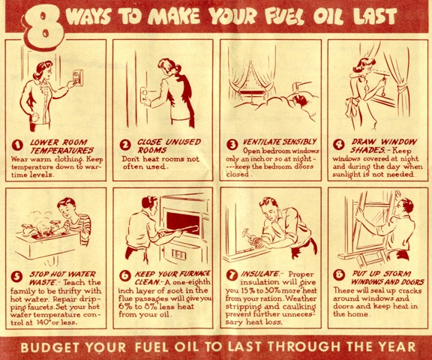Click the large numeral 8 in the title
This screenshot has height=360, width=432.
click(x=45, y=27)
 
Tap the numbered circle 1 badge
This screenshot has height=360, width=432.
click(x=17, y=145)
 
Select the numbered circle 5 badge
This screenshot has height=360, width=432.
click(x=16, y=277)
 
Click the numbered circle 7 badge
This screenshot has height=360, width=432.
click(x=232, y=275)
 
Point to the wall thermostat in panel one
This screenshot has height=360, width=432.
click(x=77, y=78)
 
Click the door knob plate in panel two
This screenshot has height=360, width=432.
click(x=144, y=95)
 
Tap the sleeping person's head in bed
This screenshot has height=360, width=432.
click(x=301, y=100)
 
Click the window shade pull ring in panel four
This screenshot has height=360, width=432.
click(x=383, y=94)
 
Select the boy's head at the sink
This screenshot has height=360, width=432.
click(x=66, y=207)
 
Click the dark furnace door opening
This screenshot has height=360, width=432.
click(x=183, y=223)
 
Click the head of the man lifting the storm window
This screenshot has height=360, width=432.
click(x=405, y=208)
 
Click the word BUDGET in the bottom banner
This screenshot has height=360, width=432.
click(x=46, y=347)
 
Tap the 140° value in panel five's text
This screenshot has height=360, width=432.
click(x=43, y=322)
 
